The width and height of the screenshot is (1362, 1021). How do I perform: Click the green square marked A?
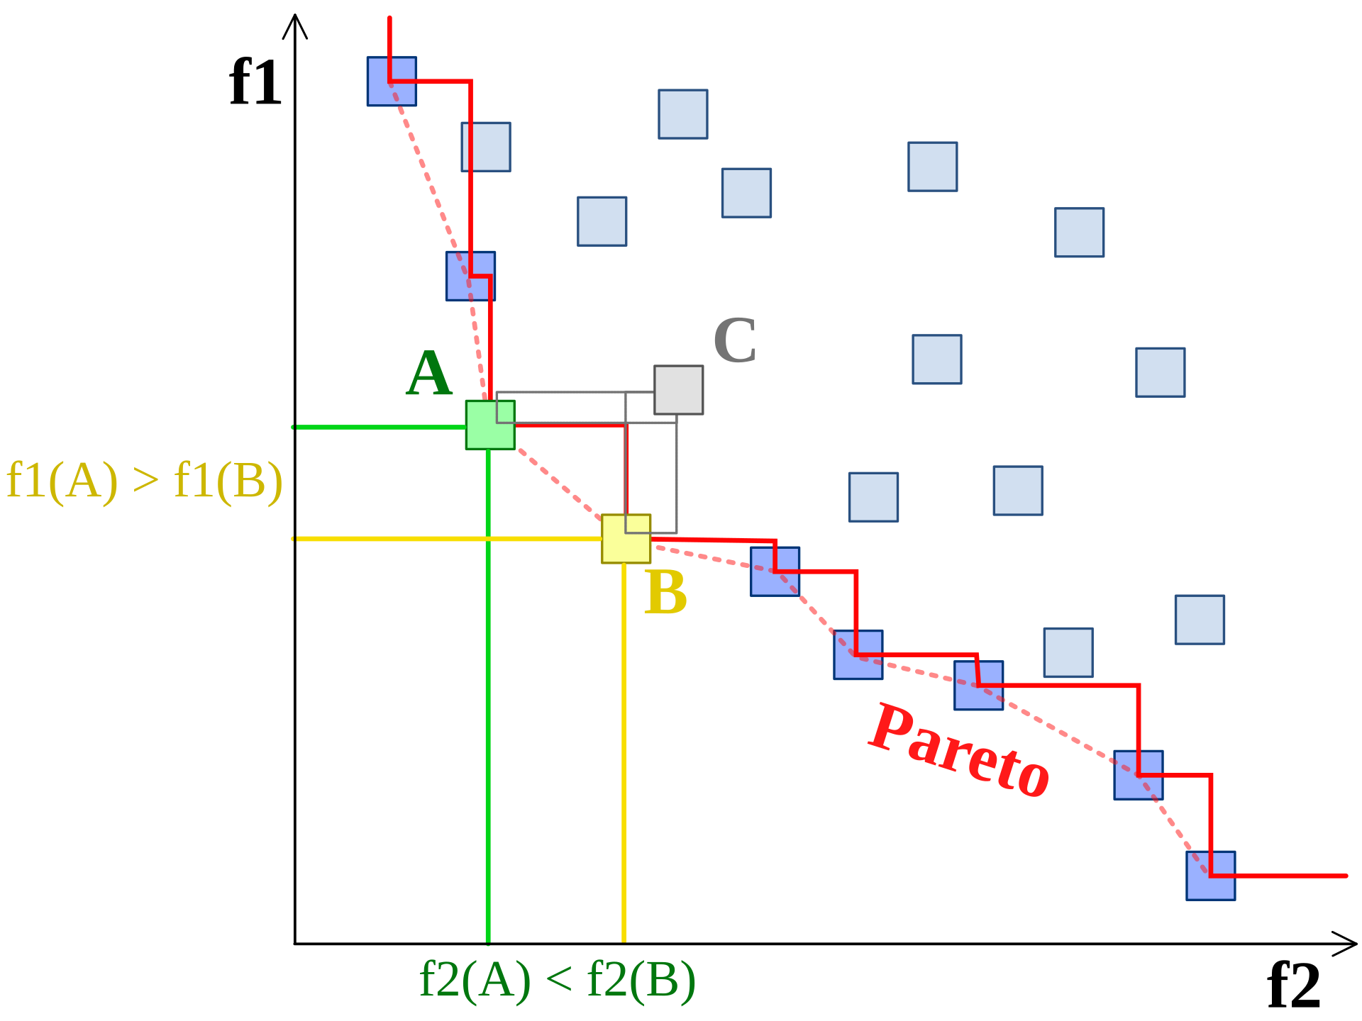pyautogui.click(x=490, y=425)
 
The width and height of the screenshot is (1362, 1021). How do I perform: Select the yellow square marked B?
pyautogui.click(x=626, y=539)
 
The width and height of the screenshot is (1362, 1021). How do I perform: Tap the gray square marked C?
pyautogui.click(x=679, y=389)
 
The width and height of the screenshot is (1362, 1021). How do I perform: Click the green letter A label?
pyautogui.click(x=429, y=374)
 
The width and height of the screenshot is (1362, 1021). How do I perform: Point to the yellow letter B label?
pyautogui.click(x=665, y=593)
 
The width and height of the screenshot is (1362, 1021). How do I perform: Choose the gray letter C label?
pyautogui.click(x=735, y=340)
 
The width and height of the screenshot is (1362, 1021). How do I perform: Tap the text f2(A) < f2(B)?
pyautogui.click(x=558, y=980)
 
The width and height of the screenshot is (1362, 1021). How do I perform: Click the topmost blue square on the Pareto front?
pyautogui.click(x=392, y=82)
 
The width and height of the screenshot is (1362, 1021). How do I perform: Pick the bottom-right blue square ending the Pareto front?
pyautogui.click(x=1211, y=876)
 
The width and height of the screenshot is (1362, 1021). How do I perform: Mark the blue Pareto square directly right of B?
pyautogui.click(x=775, y=571)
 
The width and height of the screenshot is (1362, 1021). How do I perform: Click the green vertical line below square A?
pyautogui.click(x=488, y=709)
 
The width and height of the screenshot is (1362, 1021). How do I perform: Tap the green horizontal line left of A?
pyautogui.click(x=376, y=428)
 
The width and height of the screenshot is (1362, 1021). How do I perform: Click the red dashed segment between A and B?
pyautogui.click(x=558, y=482)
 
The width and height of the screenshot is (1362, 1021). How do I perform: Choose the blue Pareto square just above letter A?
pyautogui.click(x=470, y=276)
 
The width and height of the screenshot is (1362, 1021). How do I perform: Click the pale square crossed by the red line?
pyautogui.click(x=486, y=147)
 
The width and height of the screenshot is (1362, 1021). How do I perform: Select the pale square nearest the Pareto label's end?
pyautogui.click(x=1068, y=652)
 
